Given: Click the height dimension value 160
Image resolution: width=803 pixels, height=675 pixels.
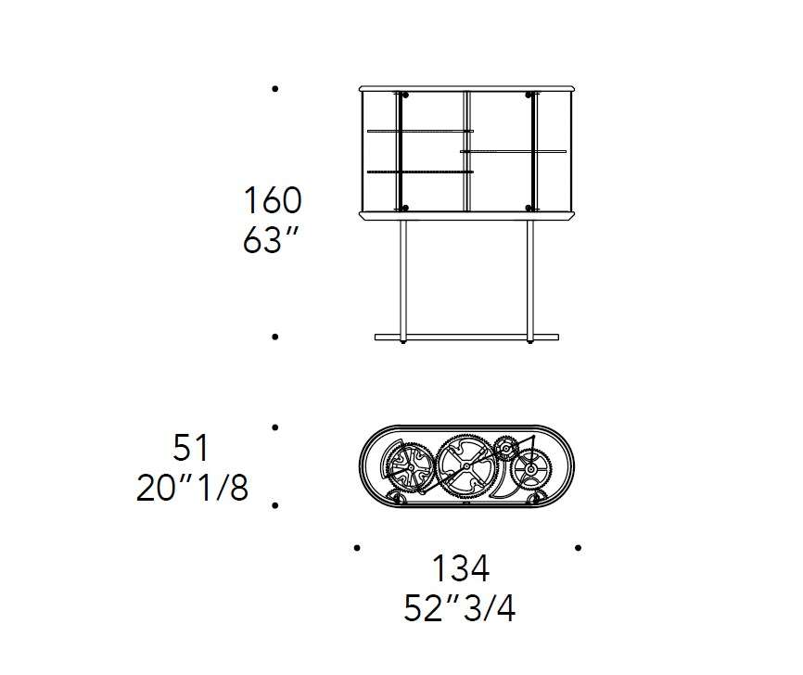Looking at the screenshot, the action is click(x=273, y=200).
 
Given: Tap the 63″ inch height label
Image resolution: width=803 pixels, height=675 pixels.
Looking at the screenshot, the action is click(x=271, y=239).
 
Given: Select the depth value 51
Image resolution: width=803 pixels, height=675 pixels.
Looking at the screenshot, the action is click(x=190, y=448).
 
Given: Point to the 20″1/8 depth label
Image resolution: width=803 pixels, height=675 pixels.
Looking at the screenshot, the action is click(x=193, y=488).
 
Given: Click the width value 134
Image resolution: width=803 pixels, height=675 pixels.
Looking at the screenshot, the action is click(x=461, y=568).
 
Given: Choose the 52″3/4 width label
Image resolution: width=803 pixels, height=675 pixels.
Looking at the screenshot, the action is click(x=460, y=608).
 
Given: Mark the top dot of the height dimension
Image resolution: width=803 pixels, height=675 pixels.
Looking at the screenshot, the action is click(x=275, y=89).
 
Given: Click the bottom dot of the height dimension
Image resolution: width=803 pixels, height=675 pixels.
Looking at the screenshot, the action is click(x=275, y=337).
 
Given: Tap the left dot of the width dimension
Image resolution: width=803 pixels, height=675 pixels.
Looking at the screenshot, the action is click(x=357, y=547).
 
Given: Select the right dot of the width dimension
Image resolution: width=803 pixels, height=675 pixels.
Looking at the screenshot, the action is click(x=579, y=547).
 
